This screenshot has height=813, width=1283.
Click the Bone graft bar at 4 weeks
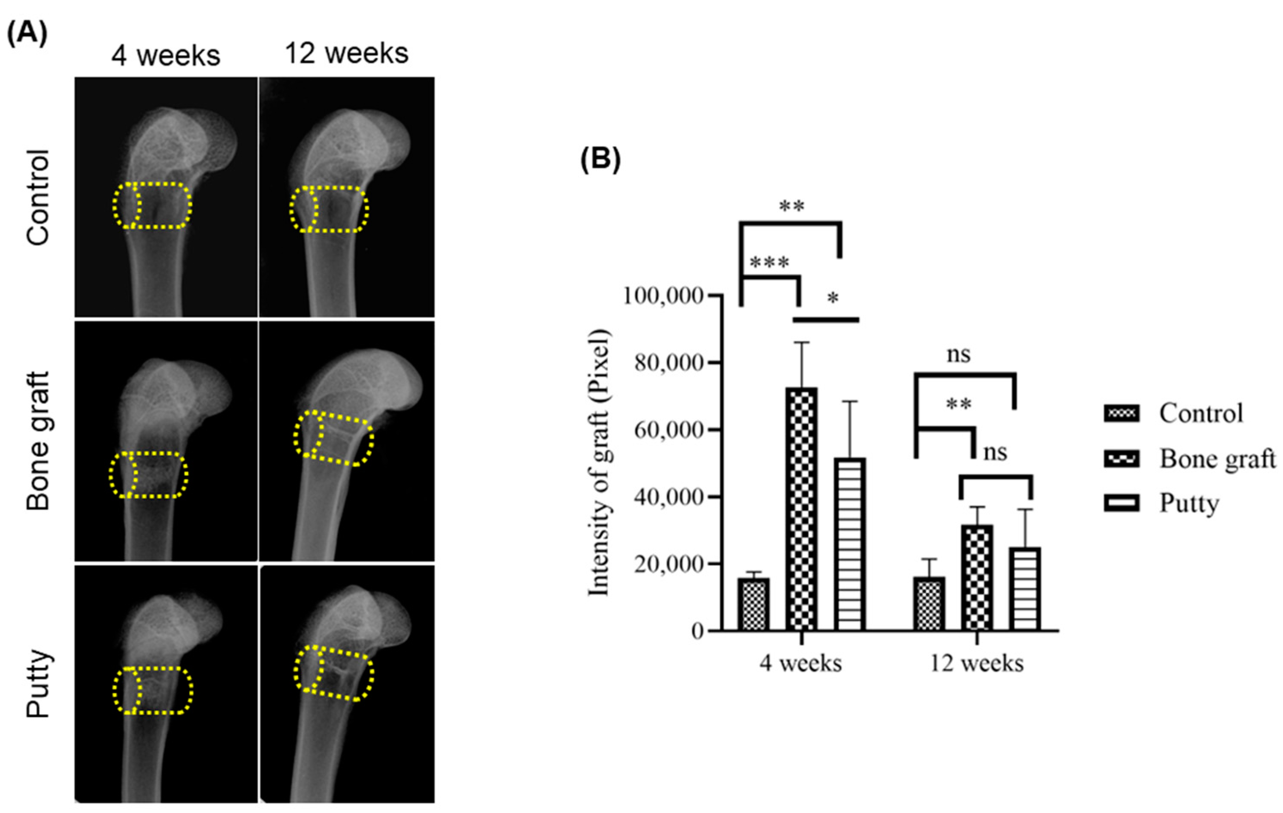coord(802,509)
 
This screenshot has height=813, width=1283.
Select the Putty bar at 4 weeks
coord(850,544)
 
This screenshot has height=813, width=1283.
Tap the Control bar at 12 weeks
coord(929,604)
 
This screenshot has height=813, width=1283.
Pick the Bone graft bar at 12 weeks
coord(977,577)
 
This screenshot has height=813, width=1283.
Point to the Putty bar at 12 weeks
coord(1025,589)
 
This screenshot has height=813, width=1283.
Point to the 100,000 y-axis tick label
coord(664,296)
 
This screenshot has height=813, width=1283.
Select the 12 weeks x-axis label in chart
coord(977,664)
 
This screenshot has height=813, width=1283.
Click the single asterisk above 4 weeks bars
coord(833,298)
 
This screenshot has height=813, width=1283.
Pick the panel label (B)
coord(600,160)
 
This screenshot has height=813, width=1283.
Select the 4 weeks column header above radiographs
coord(166,55)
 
